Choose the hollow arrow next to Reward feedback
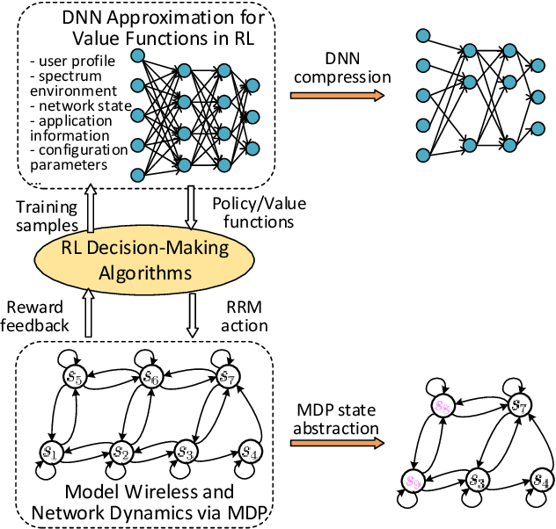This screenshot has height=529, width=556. pos(88,315)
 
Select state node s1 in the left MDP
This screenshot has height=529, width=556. pos(49,453)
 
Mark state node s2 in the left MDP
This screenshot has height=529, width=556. pos(122,453)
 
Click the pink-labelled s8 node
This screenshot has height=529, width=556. pos(444,407)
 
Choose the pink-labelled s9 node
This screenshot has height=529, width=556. pos(412,481)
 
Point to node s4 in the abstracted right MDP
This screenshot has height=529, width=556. pos(541,481)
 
